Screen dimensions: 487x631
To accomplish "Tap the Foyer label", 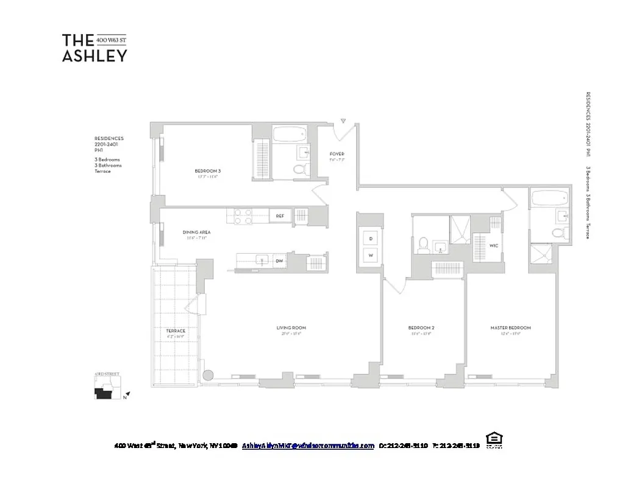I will pos(337,153).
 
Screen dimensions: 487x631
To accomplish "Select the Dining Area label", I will pos(196,232).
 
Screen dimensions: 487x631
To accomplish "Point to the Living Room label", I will pos(291,328).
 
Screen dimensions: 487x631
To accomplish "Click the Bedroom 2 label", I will pos(421,328).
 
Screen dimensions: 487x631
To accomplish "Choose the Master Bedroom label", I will pos(510,328).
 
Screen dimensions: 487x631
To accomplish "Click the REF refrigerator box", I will pos(280,215).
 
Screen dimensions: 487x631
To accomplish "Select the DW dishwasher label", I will pos(279,261).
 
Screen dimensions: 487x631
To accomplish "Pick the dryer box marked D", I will pos(370,238).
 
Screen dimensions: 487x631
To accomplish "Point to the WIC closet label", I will pos(494,246).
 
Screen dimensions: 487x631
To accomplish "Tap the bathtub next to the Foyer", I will pos(290,135).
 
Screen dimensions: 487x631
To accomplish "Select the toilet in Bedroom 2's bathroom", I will pos(422,245).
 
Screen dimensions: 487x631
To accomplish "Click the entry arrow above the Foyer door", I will pos(343,121).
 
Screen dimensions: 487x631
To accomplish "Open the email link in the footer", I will pos(308,446).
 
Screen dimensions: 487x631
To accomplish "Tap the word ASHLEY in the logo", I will pos(94,55).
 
